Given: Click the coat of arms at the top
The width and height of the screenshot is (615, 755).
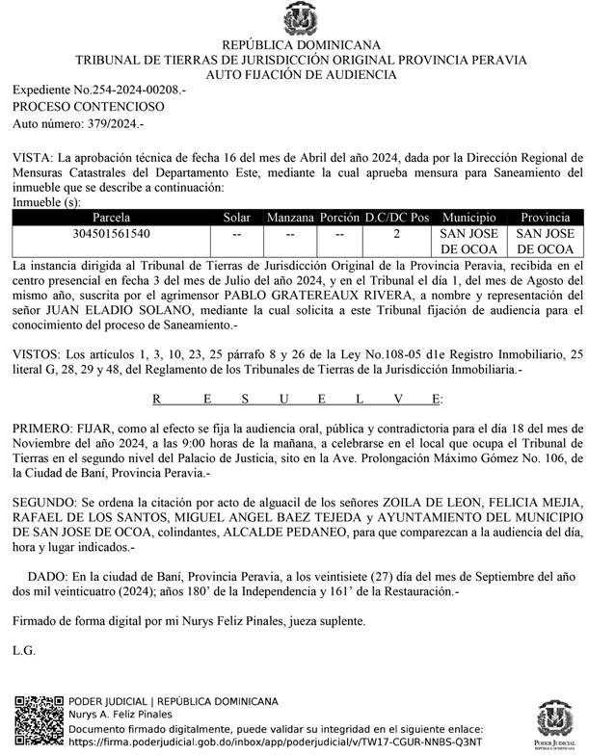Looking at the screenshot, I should [x=301, y=19].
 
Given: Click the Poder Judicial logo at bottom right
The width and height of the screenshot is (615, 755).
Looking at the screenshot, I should [x=558, y=723].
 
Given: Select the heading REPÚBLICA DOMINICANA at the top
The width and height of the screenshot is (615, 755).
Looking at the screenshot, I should [x=301, y=45].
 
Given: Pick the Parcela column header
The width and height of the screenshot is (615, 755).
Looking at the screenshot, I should [x=111, y=218].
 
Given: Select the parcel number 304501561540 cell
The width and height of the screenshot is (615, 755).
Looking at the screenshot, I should [x=111, y=233].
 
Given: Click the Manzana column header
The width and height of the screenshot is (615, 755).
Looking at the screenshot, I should [x=290, y=218].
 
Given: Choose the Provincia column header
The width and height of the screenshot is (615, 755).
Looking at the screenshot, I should [x=546, y=218].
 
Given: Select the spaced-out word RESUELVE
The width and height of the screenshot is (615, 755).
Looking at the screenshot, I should [x=298, y=397].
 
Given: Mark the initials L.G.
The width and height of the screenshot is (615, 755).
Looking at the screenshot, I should [x=23, y=650].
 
